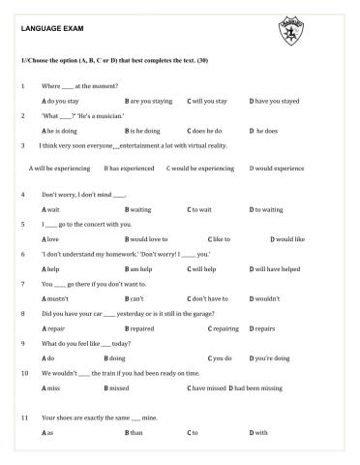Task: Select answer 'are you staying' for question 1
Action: pos(152,101)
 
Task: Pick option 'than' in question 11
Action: pos(135,432)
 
